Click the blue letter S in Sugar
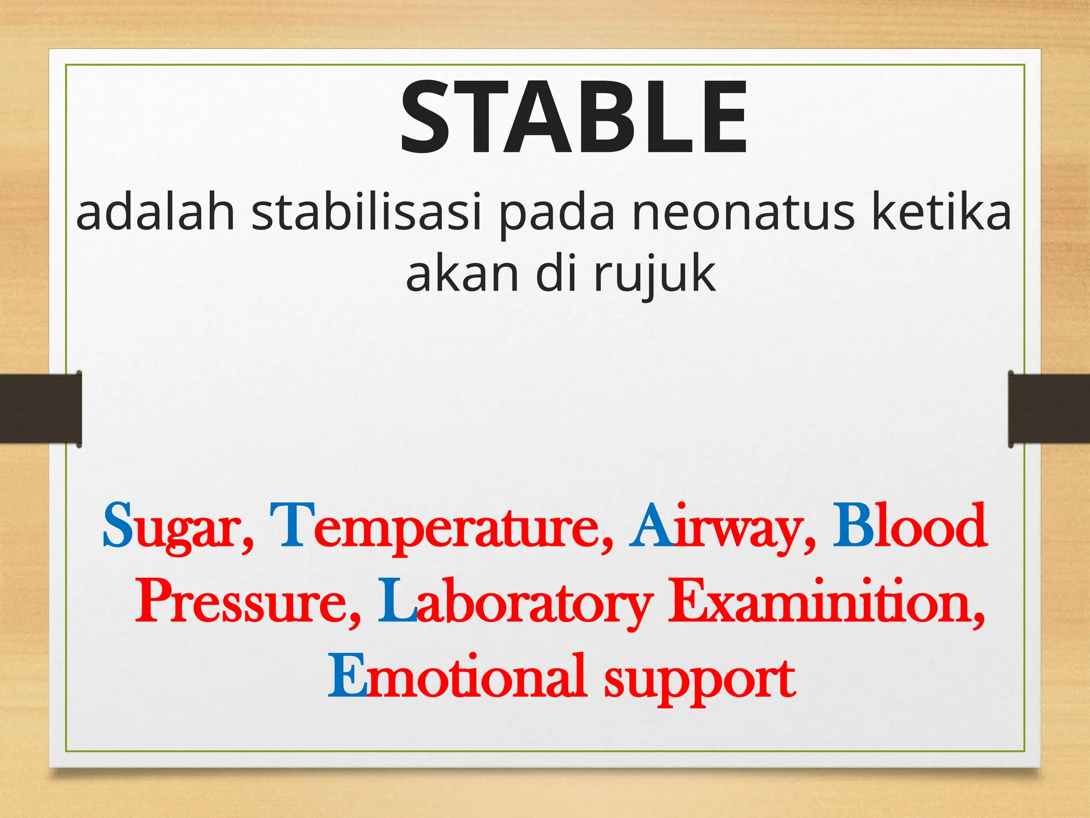tap(118, 526)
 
